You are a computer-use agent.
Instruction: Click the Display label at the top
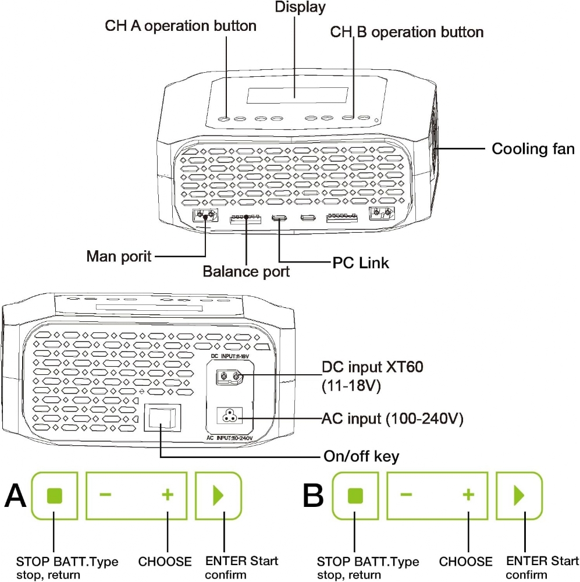coord(300,8)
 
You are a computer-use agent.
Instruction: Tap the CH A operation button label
coord(180,26)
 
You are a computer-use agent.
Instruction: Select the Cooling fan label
coord(533,148)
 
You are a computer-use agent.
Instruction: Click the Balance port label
coord(246,271)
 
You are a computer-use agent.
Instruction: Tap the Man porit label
coord(119,256)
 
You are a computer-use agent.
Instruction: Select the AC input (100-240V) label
coord(393,418)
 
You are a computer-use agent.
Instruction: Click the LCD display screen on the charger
coord(297,95)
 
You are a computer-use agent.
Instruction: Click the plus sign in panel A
coord(168,495)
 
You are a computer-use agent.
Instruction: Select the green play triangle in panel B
coord(519,495)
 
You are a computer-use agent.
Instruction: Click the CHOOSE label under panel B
coord(465,562)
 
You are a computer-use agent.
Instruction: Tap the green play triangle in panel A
coord(218,495)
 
